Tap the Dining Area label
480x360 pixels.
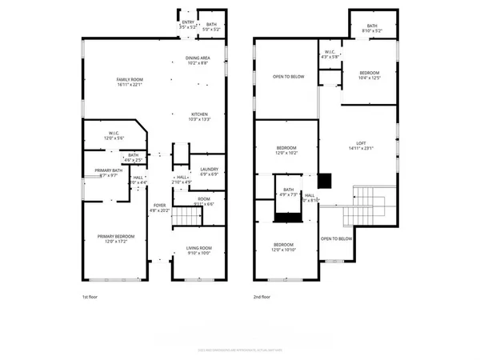coord(198,60)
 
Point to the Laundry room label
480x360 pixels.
coord(210,171)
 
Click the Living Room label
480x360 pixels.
coord(198,252)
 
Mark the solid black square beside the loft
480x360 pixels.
coord(325,180)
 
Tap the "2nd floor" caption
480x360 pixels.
coord(262,298)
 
